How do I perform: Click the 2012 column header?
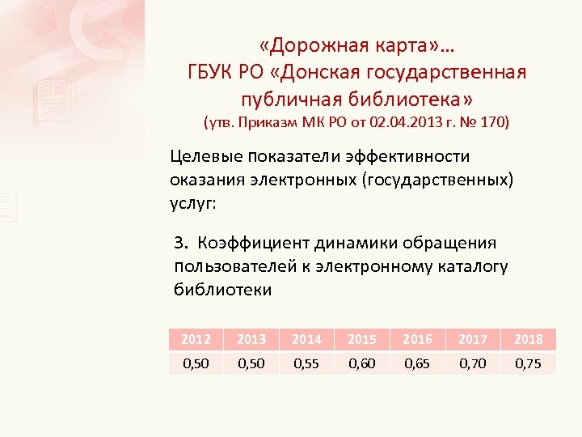pyautogui.click(x=196, y=339)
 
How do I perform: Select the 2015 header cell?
pyautogui.click(x=361, y=339)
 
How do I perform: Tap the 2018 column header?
pyautogui.click(x=529, y=339)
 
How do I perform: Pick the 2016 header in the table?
pyautogui.click(x=417, y=339)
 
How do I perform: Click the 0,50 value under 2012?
pyautogui.click(x=196, y=364)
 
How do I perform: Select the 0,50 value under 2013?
pyautogui.click(x=251, y=364)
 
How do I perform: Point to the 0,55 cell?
pyautogui.click(x=306, y=364)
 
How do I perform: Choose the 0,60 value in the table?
pyautogui.click(x=361, y=364)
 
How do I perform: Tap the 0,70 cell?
pyautogui.click(x=473, y=364)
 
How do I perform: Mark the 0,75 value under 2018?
pyautogui.click(x=529, y=364)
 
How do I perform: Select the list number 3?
pyautogui.click(x=181, y=243)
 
